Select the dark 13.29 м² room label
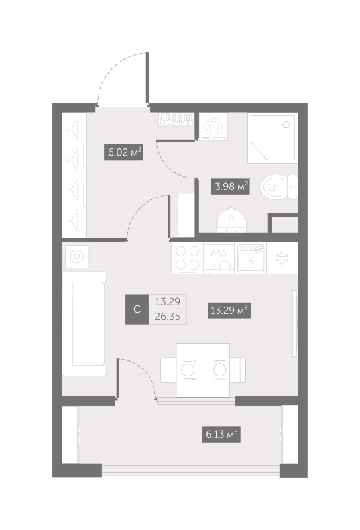(229, 309)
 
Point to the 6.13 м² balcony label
(220, 434)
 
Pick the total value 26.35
(167, 317)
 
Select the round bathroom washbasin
(231, 218)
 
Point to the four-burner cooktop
(187, 258)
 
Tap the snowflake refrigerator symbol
(281, 258)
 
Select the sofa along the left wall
(85, 325)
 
